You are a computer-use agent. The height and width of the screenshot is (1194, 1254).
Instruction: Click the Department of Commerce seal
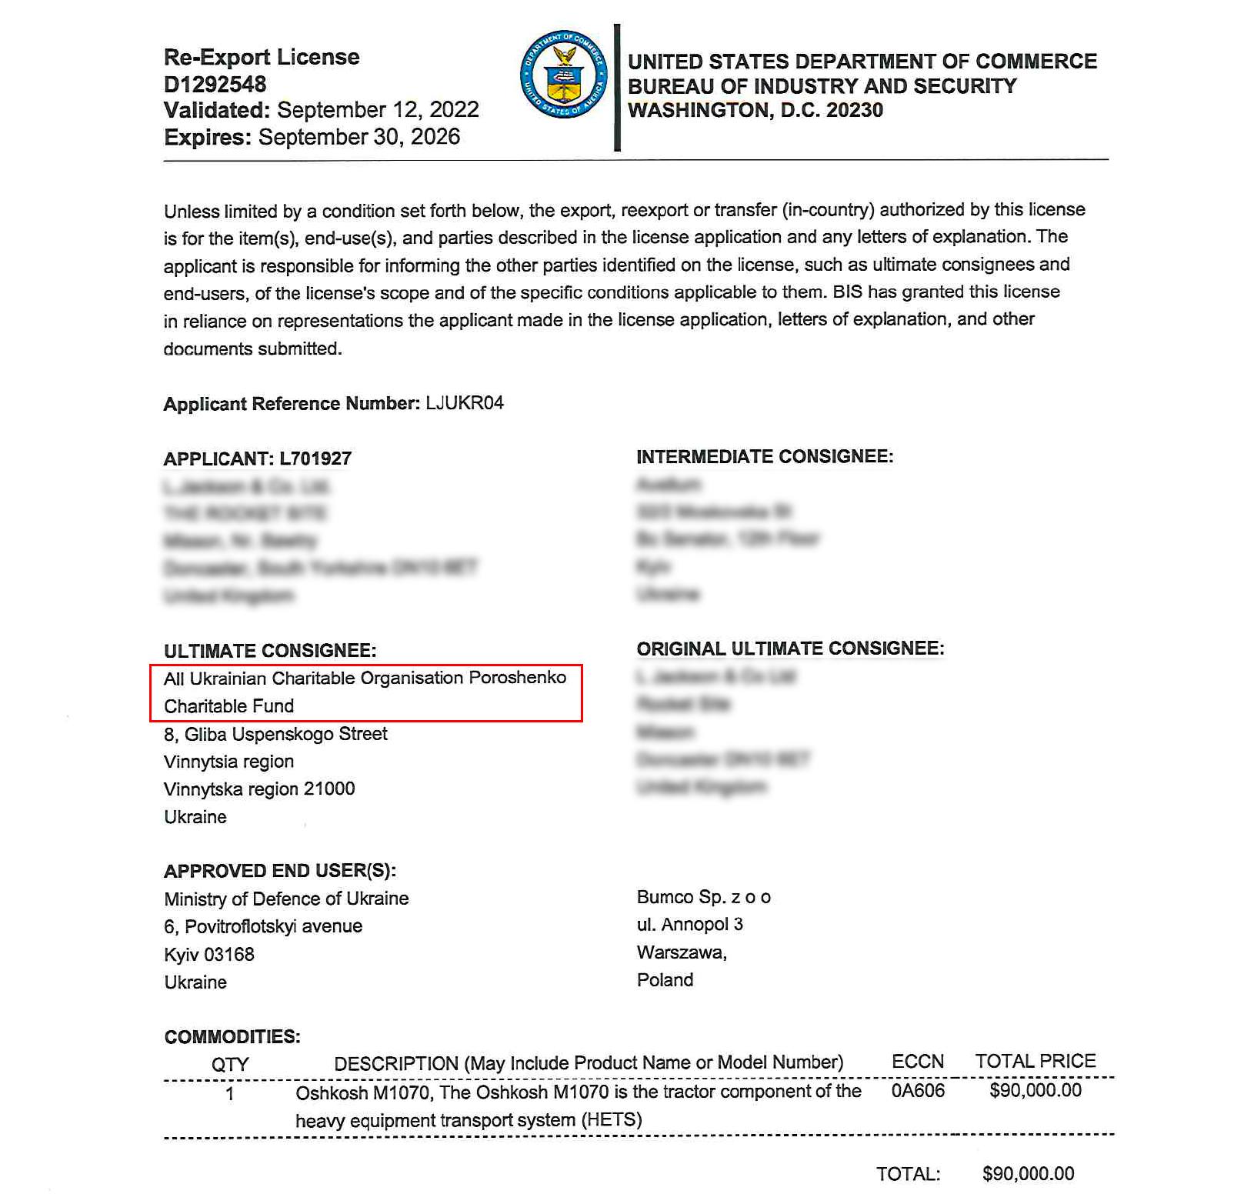point(563,75)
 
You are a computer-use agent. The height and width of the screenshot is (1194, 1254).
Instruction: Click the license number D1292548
point(215,84)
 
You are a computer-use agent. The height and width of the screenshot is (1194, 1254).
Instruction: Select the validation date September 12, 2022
point(378,110)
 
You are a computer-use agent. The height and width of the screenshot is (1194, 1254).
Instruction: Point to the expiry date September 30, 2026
point(359,137)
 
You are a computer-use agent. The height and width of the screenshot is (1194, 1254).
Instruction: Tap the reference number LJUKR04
point(465,403)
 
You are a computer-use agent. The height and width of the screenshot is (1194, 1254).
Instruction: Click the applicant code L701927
point(315,459)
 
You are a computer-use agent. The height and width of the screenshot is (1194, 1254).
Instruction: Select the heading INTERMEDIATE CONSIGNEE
point(765,457)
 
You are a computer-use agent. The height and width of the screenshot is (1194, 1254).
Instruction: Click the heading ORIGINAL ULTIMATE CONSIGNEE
point(790,649)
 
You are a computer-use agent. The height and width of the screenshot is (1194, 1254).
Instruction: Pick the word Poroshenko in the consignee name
point(518,678)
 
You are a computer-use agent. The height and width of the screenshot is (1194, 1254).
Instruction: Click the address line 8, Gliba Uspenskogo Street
point(275,734)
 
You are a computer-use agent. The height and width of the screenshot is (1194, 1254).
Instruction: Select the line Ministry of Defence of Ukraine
point(286,899)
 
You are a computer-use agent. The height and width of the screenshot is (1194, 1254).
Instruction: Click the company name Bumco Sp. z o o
point(703,897)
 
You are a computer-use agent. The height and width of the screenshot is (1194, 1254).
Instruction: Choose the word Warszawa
point(681,952)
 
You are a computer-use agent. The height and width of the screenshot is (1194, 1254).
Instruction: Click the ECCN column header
point(917,1062)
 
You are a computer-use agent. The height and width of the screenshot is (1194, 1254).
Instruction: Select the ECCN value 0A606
point(917,1091)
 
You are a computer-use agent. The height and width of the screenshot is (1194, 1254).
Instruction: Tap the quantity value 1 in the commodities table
point(229,1093)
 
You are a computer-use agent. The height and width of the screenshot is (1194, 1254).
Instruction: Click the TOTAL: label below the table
point(908,1174)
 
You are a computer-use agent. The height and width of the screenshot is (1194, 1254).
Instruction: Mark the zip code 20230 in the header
point(854,110)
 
